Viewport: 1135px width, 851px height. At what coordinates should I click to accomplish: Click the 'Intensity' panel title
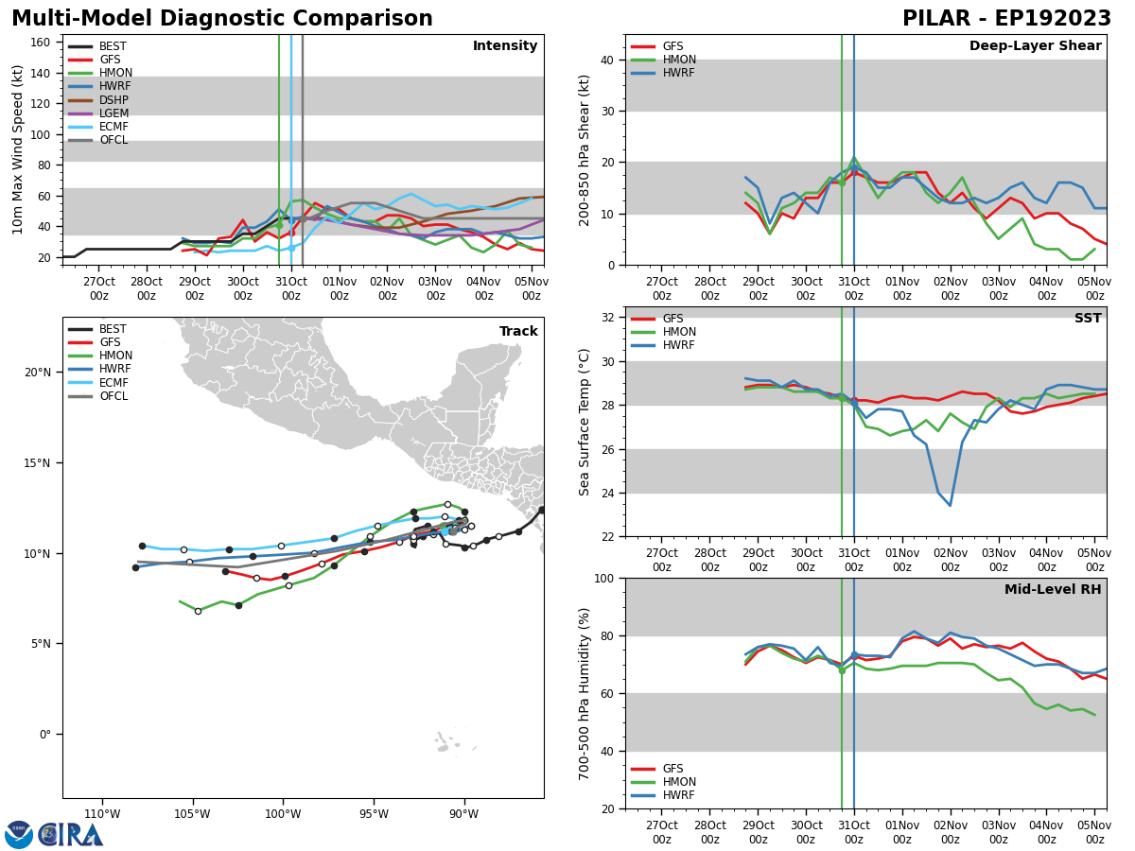tap(505, 46)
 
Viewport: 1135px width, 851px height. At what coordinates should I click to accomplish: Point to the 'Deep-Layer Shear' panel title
tap(1035, 46)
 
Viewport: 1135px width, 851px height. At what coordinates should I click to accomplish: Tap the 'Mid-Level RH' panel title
tap(1053, 590)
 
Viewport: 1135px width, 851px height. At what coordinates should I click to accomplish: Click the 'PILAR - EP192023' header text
tap(1006, 19)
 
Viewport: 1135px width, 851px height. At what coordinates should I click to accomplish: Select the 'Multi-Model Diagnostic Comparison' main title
tap(222, 19)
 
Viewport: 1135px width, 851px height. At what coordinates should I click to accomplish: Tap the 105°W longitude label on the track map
tap(193, 815)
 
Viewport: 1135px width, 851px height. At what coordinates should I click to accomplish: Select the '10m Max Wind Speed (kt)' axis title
tap(17, 149)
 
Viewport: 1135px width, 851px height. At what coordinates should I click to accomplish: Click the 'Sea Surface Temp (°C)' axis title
tap(585, 422)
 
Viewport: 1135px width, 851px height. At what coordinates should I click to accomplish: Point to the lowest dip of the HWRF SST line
tap(951, 505)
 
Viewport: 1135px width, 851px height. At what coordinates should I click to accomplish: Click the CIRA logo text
tap(71, 834)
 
